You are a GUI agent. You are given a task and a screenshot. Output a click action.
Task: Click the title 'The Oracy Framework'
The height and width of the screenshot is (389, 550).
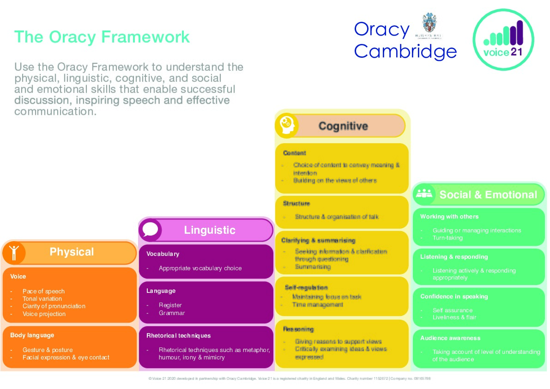[x=102, y=36]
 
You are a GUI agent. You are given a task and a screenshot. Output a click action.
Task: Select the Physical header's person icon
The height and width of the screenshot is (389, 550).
[x=14, y=252]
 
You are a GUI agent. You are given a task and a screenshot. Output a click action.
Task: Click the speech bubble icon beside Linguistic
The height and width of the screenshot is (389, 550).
[x=151, y=230]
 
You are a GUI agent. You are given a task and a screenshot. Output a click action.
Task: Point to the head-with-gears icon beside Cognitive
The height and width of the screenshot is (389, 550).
[x=286, y=125]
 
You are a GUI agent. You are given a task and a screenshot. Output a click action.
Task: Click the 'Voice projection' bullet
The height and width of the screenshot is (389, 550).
[x=44, y=314]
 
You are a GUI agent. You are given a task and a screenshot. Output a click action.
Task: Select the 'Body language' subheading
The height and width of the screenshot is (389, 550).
[x=32, y=335]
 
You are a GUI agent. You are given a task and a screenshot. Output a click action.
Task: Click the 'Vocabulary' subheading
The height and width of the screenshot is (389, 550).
[x=163, y=254]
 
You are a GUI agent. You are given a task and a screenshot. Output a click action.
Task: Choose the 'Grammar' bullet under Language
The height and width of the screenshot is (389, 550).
[x=171, y=313]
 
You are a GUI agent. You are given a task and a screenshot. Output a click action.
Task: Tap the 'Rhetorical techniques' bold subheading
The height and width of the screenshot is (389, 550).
[x=178, y=336]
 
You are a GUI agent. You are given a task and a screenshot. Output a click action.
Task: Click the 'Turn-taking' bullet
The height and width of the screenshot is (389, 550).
[x=447, y=238]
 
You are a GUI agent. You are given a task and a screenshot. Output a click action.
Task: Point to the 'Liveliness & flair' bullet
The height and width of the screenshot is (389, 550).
[x=454, y=317]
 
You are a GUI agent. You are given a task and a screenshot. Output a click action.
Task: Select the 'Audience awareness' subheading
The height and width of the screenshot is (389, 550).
[x=450, y=338]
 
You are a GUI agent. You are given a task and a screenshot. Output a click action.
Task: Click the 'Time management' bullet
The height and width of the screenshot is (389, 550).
[x=317, y=305]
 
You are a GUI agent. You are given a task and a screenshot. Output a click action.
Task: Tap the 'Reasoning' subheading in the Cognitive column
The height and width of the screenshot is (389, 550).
[x=299, y=329]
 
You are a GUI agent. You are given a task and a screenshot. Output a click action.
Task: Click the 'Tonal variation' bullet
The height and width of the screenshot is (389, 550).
[x=42, y=299]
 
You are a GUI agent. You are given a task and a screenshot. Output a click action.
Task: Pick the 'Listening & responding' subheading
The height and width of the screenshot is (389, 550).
[x=453, y=257]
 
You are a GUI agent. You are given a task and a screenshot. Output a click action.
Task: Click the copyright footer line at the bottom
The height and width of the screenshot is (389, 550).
[x=289, y=378]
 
